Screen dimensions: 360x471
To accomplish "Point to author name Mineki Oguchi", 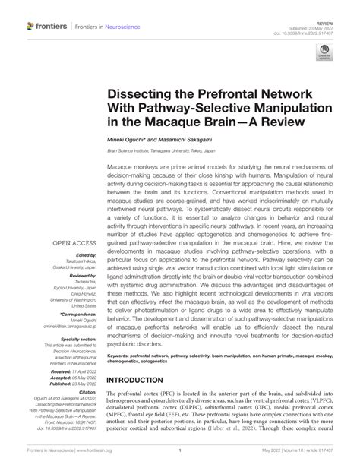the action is coord(131,143).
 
